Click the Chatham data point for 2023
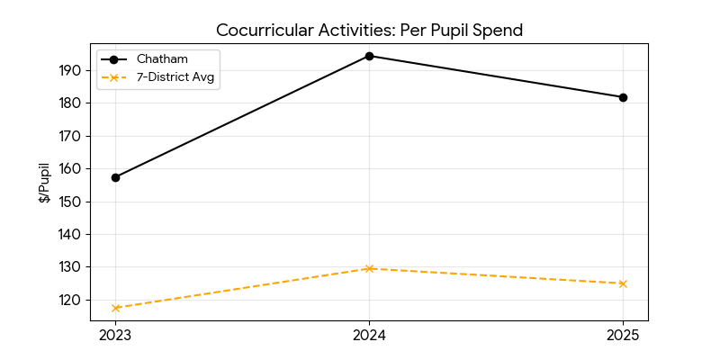tap(115, 177)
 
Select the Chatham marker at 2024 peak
tap(369, 56)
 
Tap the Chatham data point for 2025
tap(623, 97)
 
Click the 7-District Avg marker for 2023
tap(115, 308)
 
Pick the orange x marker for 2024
tap(369, 268)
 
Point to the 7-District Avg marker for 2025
tap(623, 283)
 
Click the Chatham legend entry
tap(162, 59)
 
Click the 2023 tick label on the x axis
tap(115, 336)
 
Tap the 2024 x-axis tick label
tap(369, 336)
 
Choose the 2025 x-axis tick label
tap(623, 336)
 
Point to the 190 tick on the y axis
tap(72, 70)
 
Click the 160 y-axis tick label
tap(72, 168)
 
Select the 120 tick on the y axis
tap(72, 300)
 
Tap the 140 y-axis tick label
tap(72, 234)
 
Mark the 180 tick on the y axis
tap(72, 103)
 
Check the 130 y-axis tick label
tap(72, 266)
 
